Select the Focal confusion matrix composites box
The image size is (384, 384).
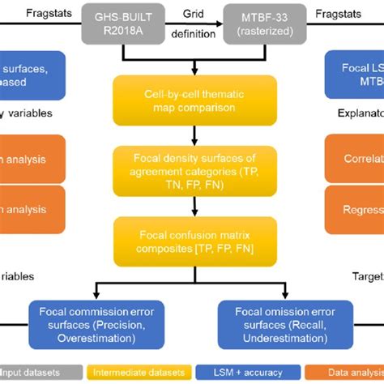click(192, 241)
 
